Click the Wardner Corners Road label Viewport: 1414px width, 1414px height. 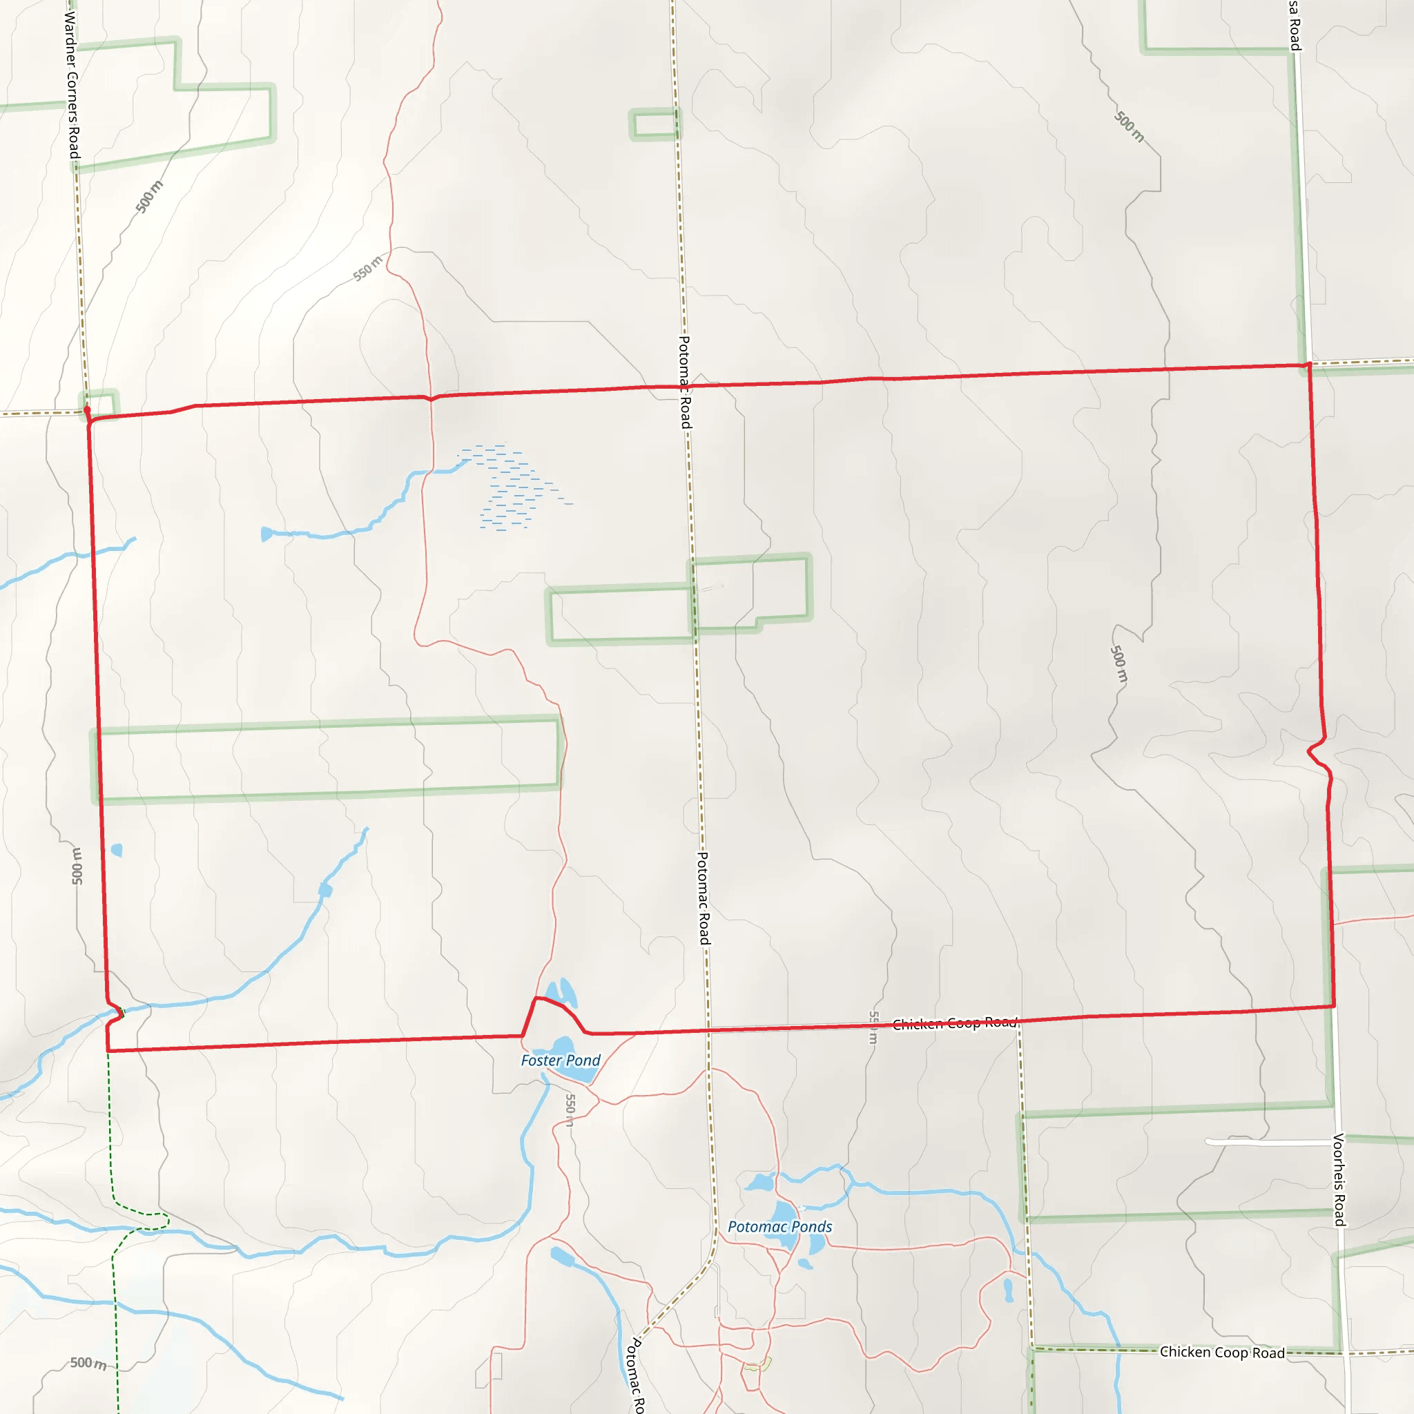coord(72,84)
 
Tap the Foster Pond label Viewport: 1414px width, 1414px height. coord(560,1060)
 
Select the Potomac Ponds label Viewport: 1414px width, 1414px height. coord(779,1227)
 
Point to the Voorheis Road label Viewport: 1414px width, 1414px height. coord(1339,1179)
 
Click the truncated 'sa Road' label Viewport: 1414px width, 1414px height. coord(1295,26)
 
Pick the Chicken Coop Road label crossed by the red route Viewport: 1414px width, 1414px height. coord(954,1023)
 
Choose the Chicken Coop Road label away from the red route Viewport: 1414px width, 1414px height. coord(1221,1353)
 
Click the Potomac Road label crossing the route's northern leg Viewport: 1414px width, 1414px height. coord(684,381)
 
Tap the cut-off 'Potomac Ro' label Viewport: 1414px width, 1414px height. coord(637,1376)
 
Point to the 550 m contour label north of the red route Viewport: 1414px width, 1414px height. coord(367,269)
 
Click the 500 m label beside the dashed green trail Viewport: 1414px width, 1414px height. coord(88,1363)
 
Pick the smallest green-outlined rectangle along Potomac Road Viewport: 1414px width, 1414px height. coord(654,124)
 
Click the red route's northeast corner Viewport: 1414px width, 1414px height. coord(1308,365)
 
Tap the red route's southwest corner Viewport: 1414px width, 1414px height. coord(108,1050)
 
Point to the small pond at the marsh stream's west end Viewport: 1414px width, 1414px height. coord(267,534)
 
